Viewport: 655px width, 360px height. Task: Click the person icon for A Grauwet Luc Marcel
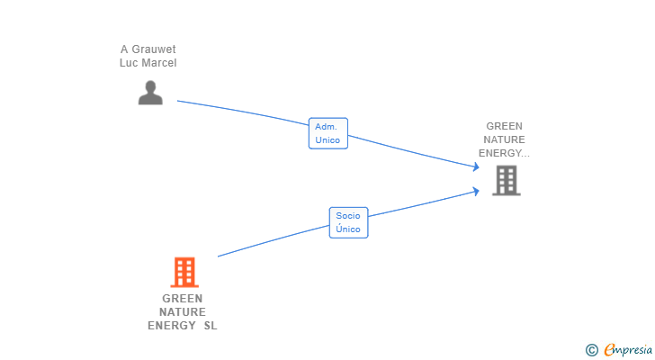150,93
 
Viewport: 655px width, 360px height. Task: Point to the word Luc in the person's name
129,63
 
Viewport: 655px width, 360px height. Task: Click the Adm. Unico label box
327,134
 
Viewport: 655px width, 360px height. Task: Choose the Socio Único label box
347,222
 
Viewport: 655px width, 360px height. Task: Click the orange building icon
184,272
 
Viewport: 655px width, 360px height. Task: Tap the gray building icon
506,181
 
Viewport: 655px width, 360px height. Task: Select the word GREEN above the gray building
504,126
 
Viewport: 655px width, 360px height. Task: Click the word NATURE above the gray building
504,139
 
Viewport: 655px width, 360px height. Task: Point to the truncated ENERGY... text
504,153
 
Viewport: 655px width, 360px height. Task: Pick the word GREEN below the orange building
183,299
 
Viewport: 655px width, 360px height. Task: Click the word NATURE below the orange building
183,312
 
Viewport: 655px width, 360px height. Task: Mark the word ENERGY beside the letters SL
172,326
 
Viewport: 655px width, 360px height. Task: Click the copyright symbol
592,349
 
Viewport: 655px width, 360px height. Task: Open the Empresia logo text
628,349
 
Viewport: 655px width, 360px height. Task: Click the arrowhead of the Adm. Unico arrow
477,166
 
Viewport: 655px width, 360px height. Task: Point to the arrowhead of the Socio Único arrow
477,190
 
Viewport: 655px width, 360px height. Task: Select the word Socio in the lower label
347,216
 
